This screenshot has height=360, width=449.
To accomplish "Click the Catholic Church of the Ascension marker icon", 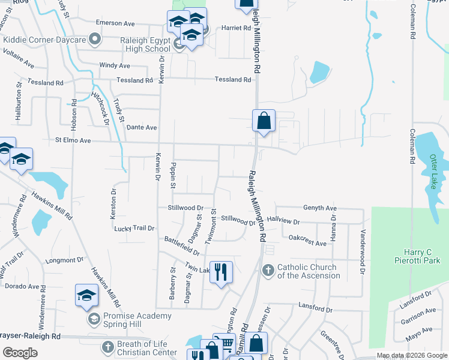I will pos(268,271).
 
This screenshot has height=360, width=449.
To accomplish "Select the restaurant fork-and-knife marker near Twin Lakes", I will pos(221,272).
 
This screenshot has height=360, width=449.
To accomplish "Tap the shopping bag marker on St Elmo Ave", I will pos(264,121).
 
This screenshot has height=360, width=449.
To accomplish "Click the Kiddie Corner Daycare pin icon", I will pos(94,40).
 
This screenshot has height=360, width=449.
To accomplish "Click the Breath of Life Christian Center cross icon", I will pos(107,347).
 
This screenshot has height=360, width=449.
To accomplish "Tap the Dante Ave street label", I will pos(142,127).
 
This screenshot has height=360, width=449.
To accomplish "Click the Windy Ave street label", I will pos(115,65).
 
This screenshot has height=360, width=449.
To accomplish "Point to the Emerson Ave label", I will pos(116,23).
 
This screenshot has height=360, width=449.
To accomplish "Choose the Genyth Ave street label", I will pos(319,207).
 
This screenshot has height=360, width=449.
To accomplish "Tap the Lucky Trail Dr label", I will pos(134,229).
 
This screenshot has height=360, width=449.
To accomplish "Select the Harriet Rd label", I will pos(237,28).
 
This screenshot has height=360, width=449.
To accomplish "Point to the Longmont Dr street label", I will pos(64,260).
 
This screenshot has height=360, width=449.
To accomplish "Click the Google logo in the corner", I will pos(20,353).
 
